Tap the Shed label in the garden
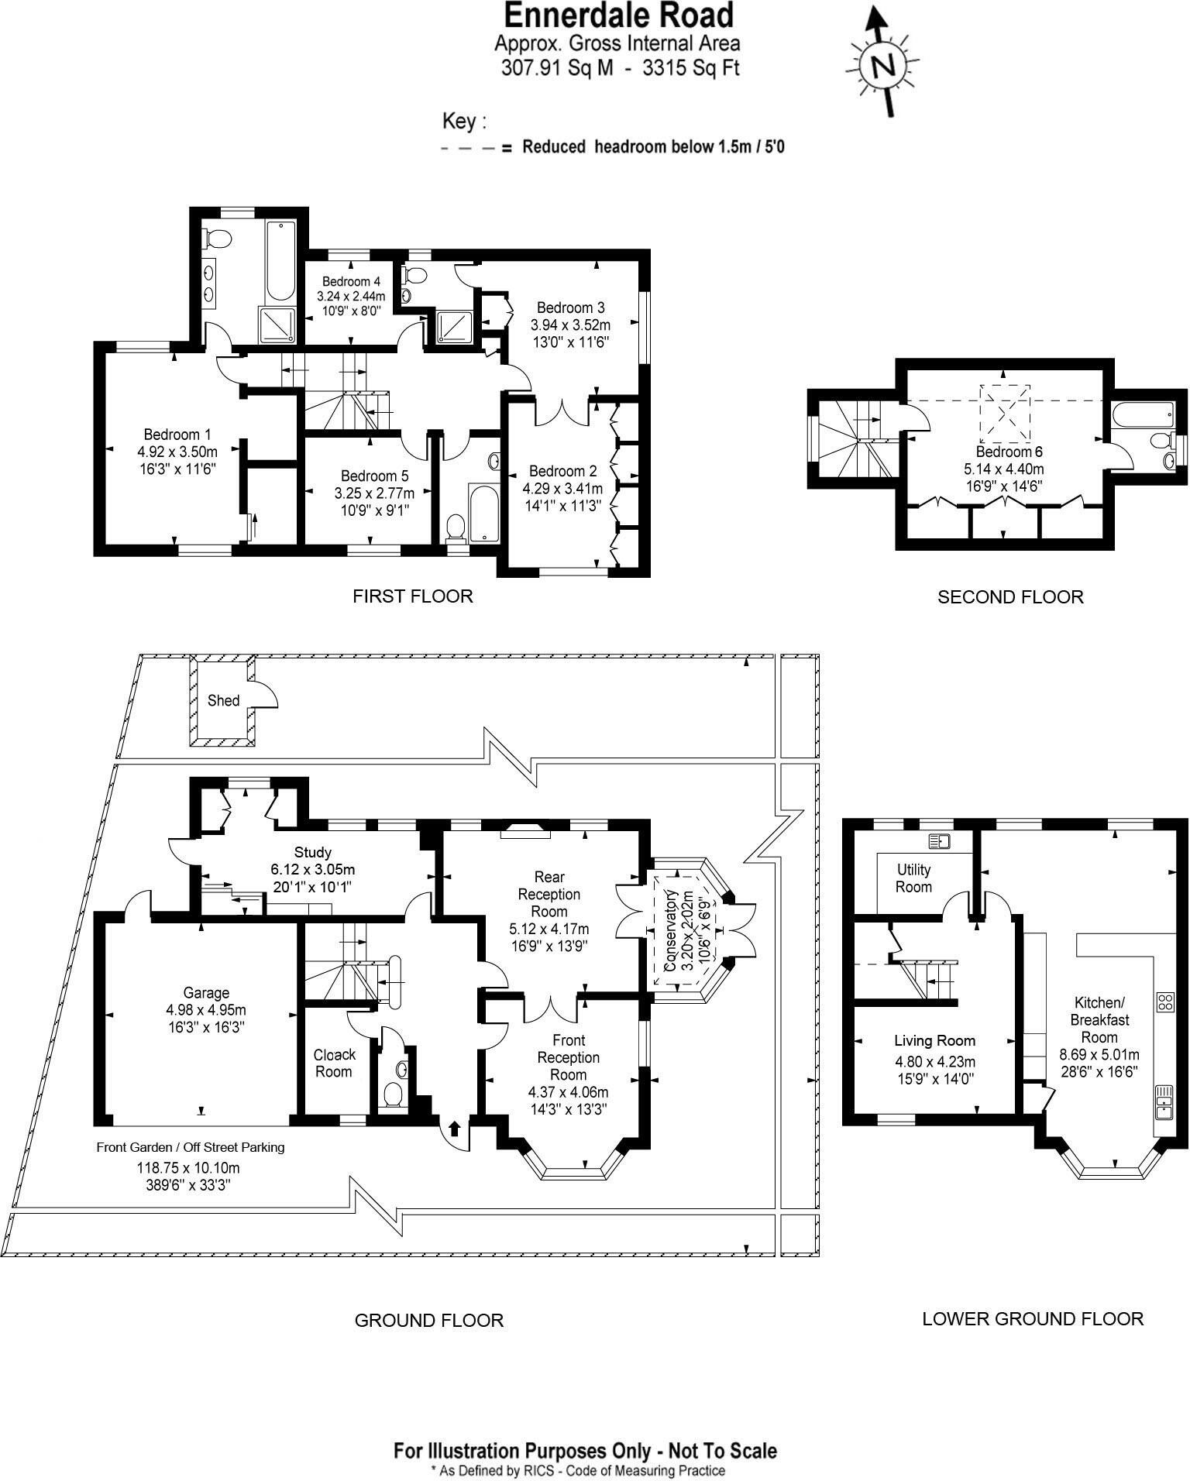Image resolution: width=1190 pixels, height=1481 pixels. (223, 700)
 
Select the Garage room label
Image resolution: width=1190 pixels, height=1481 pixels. (206, 993)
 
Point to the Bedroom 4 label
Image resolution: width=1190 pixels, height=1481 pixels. (351, 281)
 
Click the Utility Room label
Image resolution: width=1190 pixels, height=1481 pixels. (913, 878)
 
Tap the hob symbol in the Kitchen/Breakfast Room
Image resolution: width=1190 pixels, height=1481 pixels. (1165, 1002)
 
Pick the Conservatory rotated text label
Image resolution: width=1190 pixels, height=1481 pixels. (671, 930)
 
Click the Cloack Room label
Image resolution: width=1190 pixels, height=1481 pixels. (334, 1063)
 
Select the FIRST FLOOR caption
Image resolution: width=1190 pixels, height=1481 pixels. (412, 596)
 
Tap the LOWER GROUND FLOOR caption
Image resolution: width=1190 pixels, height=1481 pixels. (1032, 1318)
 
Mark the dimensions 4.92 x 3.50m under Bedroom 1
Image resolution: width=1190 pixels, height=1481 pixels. (177, 452)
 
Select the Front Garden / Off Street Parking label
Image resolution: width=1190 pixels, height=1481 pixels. (190, 1147)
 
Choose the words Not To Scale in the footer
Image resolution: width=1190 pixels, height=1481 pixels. (722, 1450)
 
